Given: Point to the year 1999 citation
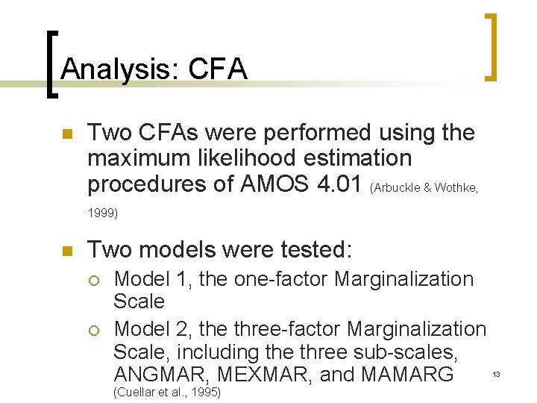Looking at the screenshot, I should pos(103,213).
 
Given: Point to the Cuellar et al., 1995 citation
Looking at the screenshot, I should pos(167,392).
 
